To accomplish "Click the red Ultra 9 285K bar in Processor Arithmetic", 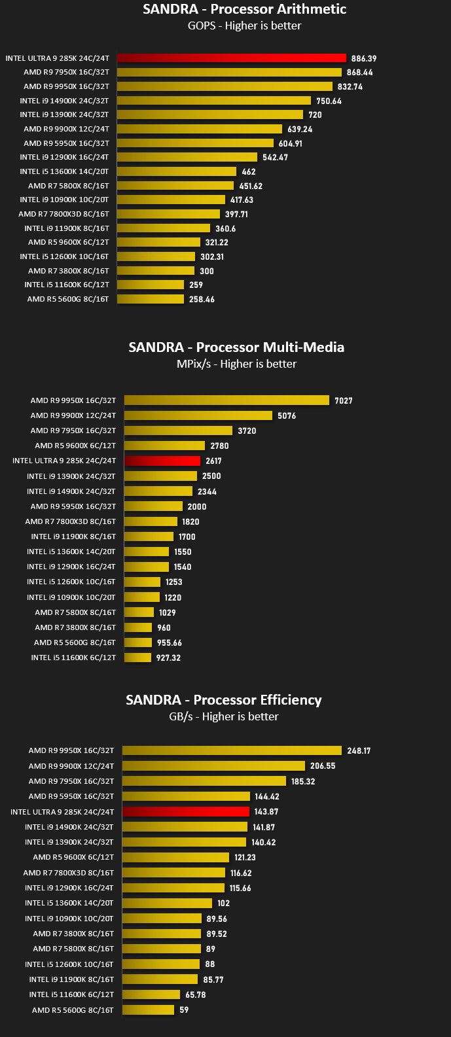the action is pyautogui.click(x=232, y=58).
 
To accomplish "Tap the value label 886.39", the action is pyautogui.click(x=364, y=58).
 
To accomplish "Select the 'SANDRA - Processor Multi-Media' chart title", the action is pyautogui.click(x=236, y=347).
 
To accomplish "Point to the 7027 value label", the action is pyautogui.click(x=344, y=400).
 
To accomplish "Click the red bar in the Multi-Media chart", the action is pyautogui.click(x=162, y=461).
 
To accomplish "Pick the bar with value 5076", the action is pyautogui.click(x=198, y=415).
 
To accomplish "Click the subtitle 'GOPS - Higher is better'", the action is pyautogui.click(x=245, y=26).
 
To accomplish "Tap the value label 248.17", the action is pyautogui.click(x=359, y=750).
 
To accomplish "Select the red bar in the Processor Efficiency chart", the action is pyautogui.click(x=186, y=811).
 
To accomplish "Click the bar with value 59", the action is pyautogui.click(x=148, y=1010).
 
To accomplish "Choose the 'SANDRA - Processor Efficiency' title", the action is pyautogui.click(x=224, y=699).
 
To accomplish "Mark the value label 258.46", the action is pyautogui.click(x=202, y=299).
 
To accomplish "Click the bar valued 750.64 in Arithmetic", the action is pyautogui.click(x=214, y=101).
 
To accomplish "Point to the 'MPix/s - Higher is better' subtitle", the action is pyautogui.click(x=236, y=364).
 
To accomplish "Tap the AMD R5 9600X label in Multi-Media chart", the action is pyautogui.click(x=75, y=446).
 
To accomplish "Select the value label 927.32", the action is pyautogui.click(x=168, y=658).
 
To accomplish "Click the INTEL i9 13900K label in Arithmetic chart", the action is pyautogui.click(x=64, y=114).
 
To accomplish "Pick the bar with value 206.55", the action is pyautogui.click(x=213, y=765).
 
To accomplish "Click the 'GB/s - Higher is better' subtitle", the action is pyautogui.click(x=224, y=716).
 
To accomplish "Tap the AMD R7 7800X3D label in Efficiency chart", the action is pyautogui.click(x=69, y=873).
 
